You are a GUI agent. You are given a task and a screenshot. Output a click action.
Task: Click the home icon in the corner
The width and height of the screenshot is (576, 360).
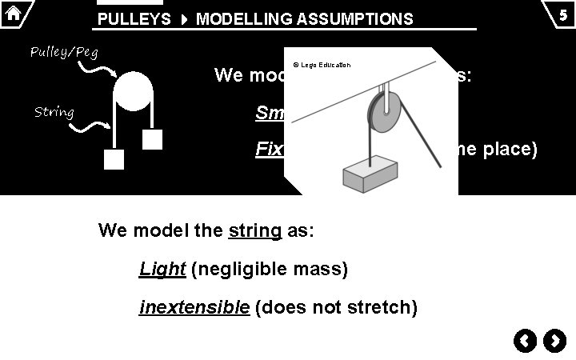(x=13, y=13)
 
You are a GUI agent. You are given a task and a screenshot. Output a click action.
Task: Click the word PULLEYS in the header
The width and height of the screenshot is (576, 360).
(x=134, y=19)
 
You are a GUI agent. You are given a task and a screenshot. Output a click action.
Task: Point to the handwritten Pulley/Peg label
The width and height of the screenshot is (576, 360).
(x=64, y=53)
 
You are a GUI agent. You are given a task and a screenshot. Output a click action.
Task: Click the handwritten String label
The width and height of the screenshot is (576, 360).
(x=54, y=112)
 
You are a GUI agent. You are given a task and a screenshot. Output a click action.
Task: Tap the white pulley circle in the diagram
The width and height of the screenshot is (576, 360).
(x=132, y=91)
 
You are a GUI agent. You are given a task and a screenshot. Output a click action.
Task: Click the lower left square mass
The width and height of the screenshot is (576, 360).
(x=114, y=159)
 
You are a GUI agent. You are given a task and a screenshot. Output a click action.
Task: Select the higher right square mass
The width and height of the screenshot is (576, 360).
(x=152, y=140)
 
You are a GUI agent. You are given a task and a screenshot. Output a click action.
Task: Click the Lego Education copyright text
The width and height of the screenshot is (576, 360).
(x=322, y=65)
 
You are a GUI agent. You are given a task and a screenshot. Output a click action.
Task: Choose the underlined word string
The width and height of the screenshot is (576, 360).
(x=255, y=231)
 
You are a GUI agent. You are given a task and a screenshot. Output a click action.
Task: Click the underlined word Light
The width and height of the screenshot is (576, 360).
(x=162, y=270)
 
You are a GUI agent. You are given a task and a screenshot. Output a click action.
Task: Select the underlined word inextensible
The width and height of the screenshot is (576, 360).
(x=194, y=308)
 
